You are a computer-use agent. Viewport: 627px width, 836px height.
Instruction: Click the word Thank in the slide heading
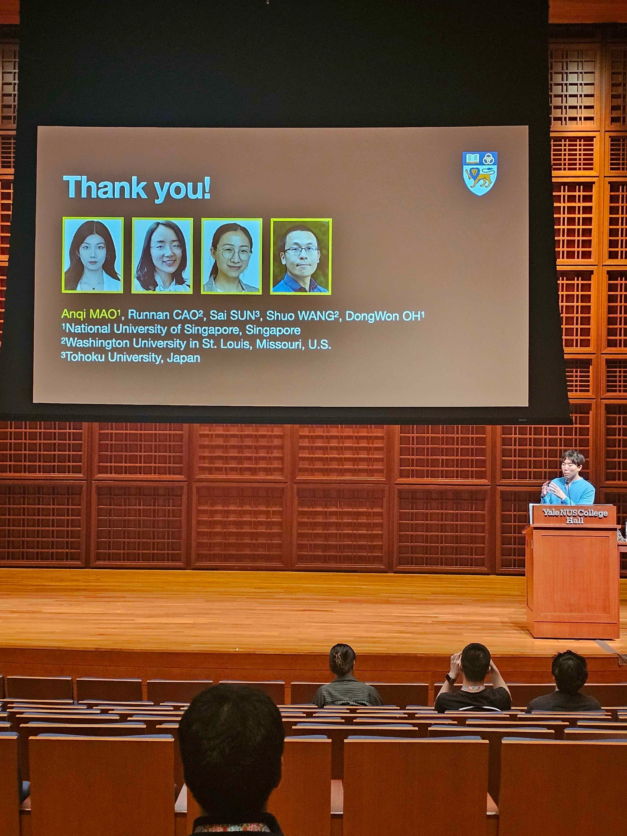pos(105,188)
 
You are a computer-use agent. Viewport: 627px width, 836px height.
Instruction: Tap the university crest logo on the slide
pos(480,173)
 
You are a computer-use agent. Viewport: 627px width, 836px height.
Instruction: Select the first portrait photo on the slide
pos(93,255)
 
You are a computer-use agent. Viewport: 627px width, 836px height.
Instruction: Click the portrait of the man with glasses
pos(301,256)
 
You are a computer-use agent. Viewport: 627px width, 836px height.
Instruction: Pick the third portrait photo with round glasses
pos(232,256)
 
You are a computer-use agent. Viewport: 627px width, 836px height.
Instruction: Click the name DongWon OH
pos(385,316)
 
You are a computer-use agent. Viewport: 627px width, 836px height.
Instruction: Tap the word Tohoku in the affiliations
pos(85,357)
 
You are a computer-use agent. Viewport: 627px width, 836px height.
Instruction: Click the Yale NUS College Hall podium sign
pos(575,516)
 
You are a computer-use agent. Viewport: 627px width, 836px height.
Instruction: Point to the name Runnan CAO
pos(166,315)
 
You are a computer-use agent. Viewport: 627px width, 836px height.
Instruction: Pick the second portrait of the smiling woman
pos(162,255)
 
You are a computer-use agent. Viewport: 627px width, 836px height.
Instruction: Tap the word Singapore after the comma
pos(273,330)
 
